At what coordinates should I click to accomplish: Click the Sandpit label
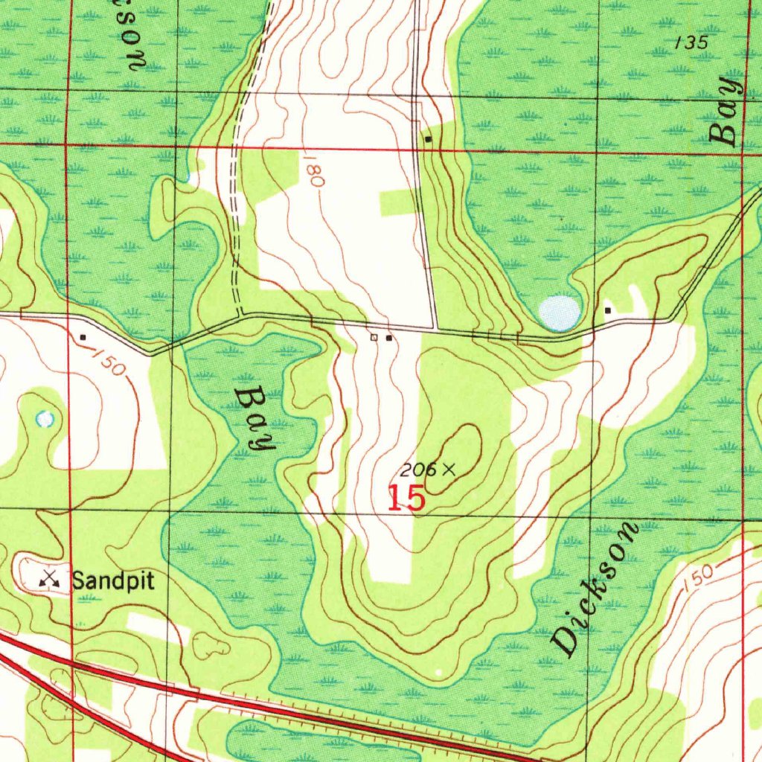tap(113, 580)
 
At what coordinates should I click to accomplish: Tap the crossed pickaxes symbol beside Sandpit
tap(51, 577)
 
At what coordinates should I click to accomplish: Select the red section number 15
tap(406, 499)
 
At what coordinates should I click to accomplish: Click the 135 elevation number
tap(691, 43)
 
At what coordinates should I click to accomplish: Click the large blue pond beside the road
tap(559, 313)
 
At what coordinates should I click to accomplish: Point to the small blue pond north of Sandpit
tap(45, 419)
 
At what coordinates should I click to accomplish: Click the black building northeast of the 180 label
tap(428, 139)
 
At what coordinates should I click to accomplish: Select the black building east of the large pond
tap(608, 310)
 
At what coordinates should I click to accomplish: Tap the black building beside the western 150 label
tap(83, 337)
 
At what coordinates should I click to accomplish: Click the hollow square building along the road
tap(374, 338)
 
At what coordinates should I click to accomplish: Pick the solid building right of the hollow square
tap(388, 338)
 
